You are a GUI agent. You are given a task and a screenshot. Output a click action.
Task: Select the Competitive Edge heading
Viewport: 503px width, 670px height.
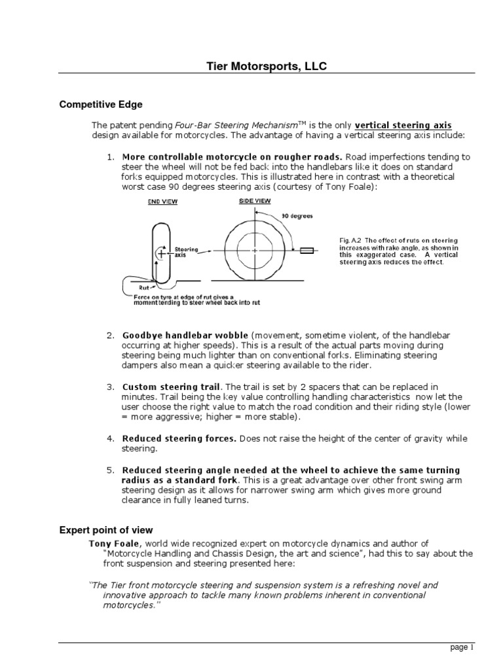point(101,104)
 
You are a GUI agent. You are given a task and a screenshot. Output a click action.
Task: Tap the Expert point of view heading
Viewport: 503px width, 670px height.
point(105,530)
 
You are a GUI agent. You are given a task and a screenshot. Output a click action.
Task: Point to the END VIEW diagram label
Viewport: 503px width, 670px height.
point(161,202)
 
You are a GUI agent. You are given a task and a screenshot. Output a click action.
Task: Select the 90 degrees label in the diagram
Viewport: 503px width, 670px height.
point(299,215)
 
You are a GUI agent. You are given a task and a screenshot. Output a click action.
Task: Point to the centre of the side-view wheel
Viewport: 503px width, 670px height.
point(252,250)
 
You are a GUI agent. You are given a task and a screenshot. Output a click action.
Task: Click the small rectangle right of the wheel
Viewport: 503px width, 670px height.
point(307,250)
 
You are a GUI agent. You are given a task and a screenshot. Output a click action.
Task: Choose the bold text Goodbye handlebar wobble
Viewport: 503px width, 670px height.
point(185,336)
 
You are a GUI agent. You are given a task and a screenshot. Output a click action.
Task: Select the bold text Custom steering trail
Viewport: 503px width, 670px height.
point(172,387)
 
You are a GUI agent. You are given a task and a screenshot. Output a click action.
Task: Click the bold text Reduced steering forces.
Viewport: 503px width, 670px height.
point(179,438)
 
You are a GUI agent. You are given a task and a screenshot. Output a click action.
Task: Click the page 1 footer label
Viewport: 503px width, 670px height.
point(460,648)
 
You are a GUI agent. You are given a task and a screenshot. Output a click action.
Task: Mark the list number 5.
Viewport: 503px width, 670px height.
point(110,470)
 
